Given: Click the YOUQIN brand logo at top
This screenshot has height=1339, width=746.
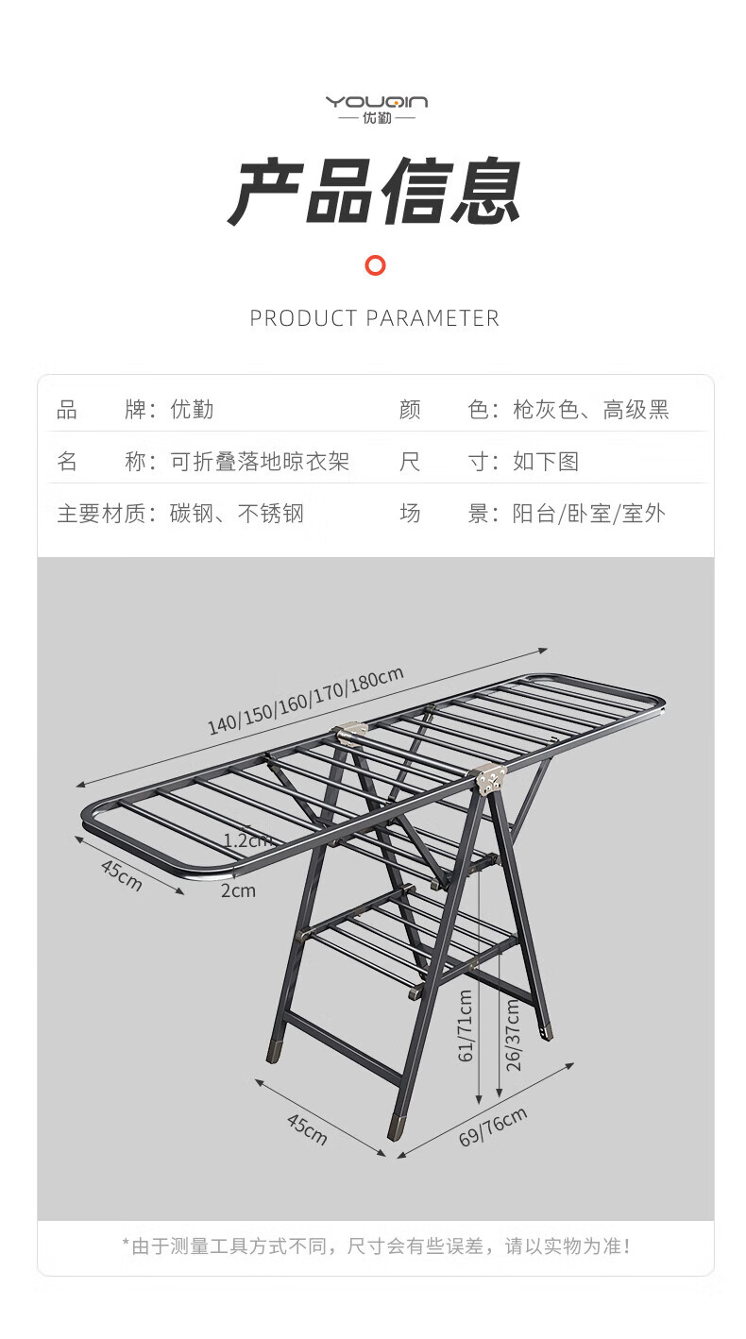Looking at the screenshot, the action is (377, 109).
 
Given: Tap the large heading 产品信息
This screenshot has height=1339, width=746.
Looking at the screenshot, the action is (374, 192).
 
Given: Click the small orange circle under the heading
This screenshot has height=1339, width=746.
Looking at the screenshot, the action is (376, 265).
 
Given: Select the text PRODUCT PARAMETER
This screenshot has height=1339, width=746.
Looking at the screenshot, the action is (374, 318).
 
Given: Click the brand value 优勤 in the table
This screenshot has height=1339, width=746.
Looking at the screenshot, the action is (192, 410).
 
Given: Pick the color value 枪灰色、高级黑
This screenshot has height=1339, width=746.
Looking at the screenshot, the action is (590, 410).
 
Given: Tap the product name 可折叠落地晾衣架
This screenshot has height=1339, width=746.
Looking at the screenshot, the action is (260, 462).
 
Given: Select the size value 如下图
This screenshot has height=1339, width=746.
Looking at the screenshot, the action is (546, 462).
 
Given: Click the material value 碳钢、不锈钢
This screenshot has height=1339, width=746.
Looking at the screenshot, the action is (237, 514).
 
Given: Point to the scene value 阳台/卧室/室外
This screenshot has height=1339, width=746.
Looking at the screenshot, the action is (589, 514).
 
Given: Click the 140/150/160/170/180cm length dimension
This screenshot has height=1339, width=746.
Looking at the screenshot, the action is (305, 701).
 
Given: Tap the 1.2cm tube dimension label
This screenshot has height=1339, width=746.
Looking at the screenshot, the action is (247, 840).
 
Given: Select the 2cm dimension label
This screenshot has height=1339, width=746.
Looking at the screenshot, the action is (238, 890).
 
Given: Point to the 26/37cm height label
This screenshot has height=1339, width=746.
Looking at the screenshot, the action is (513, 1035).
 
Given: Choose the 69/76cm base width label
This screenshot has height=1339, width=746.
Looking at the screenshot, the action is (493, 1127).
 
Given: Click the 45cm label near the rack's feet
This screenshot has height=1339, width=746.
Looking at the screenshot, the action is (307, 1129).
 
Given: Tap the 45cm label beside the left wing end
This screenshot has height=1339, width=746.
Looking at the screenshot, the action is (122, 875).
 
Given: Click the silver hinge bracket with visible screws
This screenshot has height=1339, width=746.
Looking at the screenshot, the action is (490, 779).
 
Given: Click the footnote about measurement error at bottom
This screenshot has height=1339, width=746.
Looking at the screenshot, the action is (376, 1246).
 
